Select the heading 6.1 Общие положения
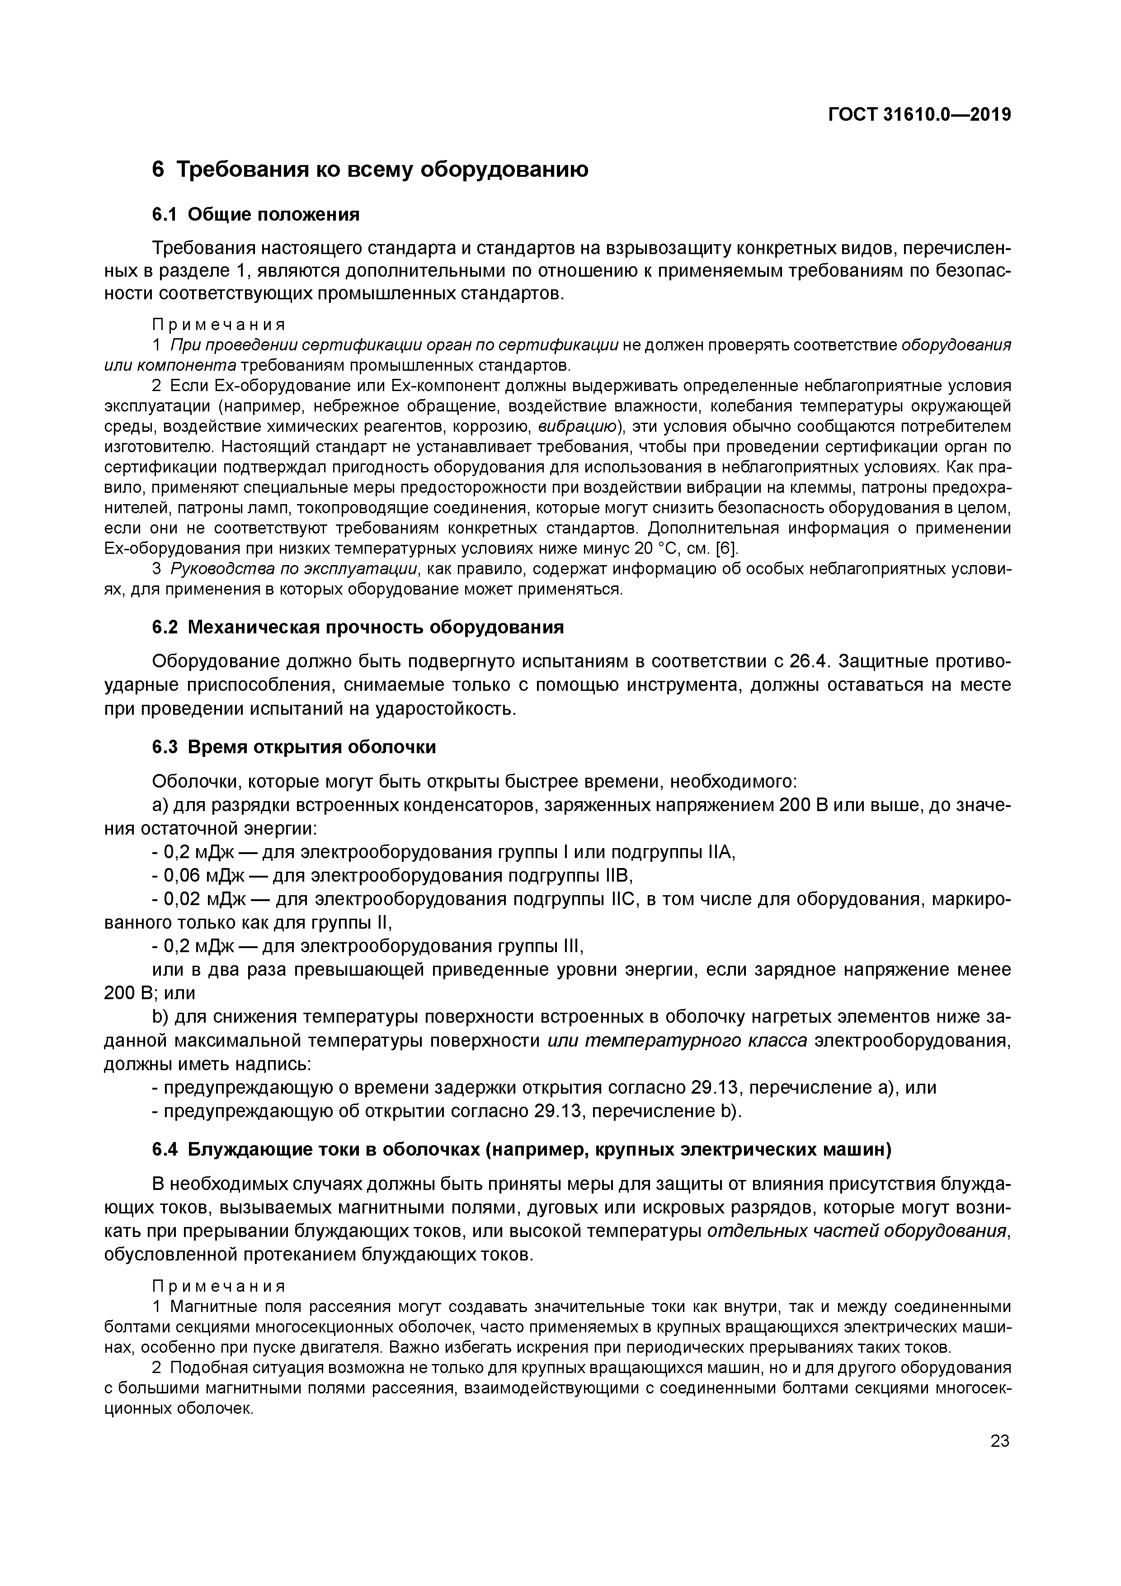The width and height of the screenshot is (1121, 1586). coord(255,215)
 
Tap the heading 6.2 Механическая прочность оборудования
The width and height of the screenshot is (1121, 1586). coord(358,627)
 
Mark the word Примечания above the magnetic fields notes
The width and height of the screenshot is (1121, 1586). coord(218,1286)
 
